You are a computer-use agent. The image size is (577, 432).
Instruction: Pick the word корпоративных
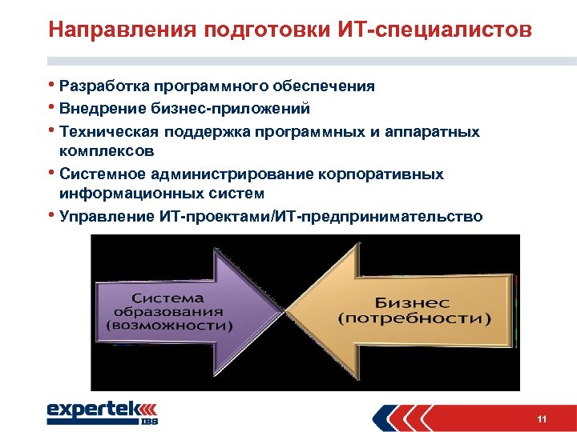point(391,174)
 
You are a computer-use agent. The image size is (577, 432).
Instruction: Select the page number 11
point(543,420)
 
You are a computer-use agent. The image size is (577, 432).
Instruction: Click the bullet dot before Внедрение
point(51,106)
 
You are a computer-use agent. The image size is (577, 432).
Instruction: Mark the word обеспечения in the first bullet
point(324,86)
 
